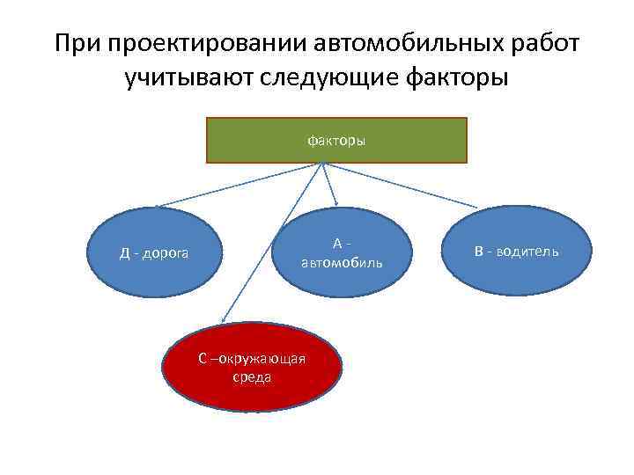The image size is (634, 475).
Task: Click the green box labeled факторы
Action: [336, 141]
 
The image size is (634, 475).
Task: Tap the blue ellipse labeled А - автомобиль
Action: [342, 252]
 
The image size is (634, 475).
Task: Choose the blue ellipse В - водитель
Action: [516, 252]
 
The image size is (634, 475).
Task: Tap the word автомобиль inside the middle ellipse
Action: [342, 262]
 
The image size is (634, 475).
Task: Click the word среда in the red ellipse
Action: [252, 377]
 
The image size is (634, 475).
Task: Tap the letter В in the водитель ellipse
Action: [479, 252]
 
